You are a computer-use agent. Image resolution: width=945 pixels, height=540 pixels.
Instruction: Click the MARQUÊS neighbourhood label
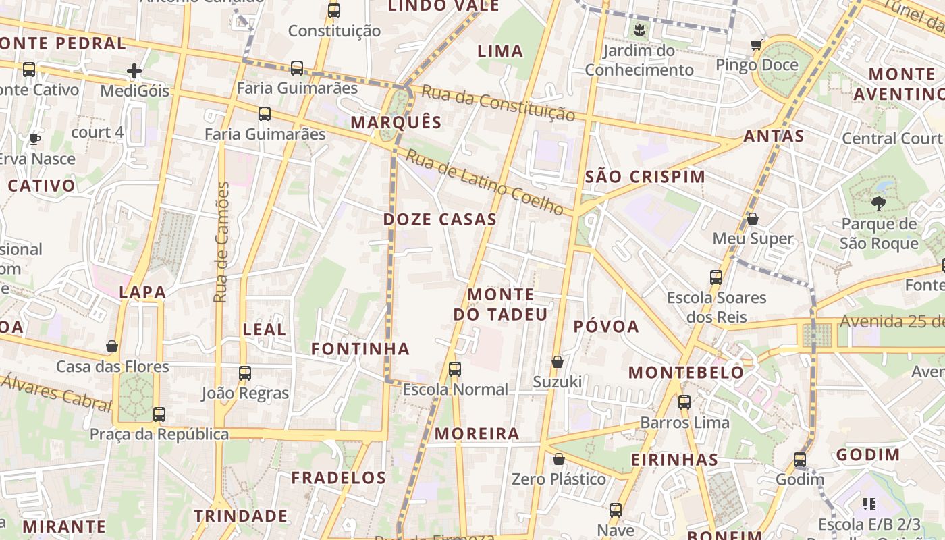[x=396, y=122]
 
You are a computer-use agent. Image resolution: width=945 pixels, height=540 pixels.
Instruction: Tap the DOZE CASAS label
[x=440, y=219]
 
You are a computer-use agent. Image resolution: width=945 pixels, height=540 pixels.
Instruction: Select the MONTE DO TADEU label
[x=500, y=304]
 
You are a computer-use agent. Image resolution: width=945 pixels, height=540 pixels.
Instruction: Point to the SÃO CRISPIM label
[x=645, y=177]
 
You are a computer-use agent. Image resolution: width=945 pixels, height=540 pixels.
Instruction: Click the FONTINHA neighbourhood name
[x=360, y=349]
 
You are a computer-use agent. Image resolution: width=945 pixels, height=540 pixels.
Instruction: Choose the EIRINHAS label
[x=674, y=460]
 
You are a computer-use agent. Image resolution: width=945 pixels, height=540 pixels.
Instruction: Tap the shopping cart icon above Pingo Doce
[x=756, y=45]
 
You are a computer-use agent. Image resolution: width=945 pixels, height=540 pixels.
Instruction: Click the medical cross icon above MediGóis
[x=134, y=70]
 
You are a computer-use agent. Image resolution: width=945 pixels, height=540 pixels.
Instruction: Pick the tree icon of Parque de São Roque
[x=878, y=202]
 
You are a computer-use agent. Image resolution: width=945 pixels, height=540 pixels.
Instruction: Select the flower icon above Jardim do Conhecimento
[x=639, y=30]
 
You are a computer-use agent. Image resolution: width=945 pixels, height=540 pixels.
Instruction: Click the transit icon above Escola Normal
[x=455, y=369]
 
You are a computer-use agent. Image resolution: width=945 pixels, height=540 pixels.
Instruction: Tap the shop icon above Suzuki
[x=558, y=362]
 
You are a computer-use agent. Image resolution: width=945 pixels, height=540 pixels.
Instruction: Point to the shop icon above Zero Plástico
[x=559, y=459]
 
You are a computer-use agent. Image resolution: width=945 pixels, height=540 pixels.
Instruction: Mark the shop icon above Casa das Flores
[x=112, y=346]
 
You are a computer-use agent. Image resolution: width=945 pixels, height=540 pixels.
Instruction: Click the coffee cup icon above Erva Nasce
[x=34, y=139]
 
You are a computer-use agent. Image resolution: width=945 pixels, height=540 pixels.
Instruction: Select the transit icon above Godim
[x=800, y=460]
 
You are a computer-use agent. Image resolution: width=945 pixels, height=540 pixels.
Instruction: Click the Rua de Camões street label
[x=221, y=242]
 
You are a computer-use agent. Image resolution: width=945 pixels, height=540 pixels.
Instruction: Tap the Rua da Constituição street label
[x=498, y=103]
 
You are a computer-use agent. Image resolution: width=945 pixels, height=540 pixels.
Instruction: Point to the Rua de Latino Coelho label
[x=484, y=182]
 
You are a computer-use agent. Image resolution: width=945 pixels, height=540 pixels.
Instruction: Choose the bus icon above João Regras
[x=245, y=373]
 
